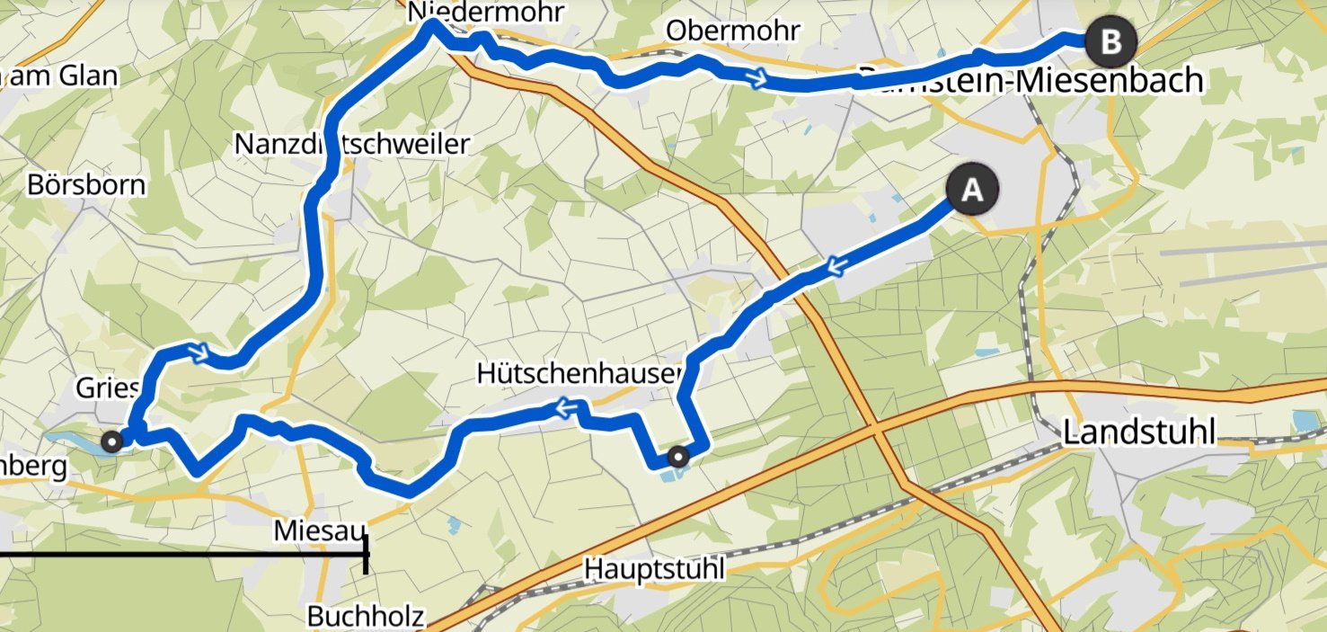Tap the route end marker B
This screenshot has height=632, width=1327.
1110,41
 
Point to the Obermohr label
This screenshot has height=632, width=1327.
733,31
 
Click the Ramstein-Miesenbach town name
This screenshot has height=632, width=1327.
1031,80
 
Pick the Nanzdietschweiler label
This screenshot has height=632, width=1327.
351,144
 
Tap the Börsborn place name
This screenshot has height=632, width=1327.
86,186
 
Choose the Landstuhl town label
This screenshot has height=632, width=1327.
1138,433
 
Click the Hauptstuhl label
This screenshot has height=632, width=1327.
653,570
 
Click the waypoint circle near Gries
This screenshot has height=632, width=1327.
112,441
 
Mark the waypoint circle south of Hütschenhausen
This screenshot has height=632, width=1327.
680,457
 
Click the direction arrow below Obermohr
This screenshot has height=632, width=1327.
758,80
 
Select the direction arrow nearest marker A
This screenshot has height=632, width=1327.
835,266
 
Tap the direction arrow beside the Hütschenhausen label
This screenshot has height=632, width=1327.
566,410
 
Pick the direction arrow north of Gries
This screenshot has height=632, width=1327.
199,352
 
